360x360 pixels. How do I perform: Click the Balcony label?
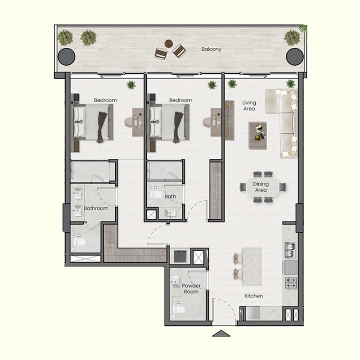211,49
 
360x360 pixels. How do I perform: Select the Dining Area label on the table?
261,187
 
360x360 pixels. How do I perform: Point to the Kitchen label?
253,296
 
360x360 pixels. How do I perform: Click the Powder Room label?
191,289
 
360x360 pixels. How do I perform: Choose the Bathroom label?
96,208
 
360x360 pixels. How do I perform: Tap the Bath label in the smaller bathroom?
170,197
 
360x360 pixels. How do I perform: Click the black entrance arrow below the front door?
221,333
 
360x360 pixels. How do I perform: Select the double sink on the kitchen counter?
290,251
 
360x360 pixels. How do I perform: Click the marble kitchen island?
252,265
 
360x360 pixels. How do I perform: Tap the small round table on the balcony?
168,44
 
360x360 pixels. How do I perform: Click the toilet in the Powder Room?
178,310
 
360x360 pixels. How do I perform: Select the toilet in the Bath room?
155,195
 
